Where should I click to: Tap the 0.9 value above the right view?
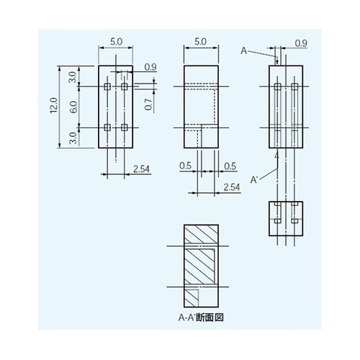[x=301, y=44]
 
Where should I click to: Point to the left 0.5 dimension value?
[x=185, y=166]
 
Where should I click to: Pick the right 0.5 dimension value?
[x=230, y=166]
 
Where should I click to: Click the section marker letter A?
[x=244, y=50]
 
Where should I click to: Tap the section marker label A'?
[x=255, y=178]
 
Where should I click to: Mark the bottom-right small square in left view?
[x=125, y=127]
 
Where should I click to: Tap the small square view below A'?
[x=286, y=218]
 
